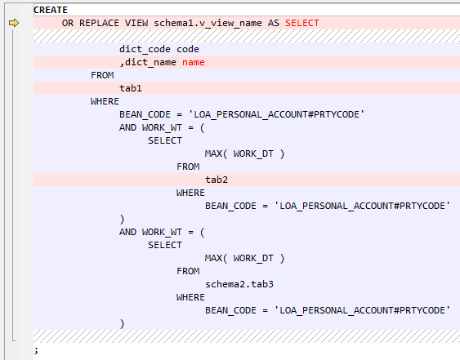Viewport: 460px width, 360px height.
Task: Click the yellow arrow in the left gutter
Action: click(14, 23)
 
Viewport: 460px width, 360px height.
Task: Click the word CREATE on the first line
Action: click(51, 10)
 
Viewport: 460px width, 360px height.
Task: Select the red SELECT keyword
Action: click(301, 23)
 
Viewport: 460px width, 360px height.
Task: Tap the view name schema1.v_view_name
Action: click(208, 23)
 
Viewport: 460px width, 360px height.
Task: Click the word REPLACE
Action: click(99, 23)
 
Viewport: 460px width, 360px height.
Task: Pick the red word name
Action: click(194, 62)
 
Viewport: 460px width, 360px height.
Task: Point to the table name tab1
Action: click(131, 88)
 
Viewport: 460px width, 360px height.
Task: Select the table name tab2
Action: click(217, 180)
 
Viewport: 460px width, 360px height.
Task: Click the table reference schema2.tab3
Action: click(239, 284)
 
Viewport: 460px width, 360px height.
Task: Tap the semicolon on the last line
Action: click(36, 350)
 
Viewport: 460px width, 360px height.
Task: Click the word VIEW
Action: click(136, 23)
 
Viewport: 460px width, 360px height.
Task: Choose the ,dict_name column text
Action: click(148, 62)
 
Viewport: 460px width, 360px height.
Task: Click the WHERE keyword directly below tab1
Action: click(105, 101)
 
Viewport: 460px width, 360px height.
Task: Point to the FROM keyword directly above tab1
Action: click(102, 75)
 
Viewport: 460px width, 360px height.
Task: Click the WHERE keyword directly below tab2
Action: click(190, 193)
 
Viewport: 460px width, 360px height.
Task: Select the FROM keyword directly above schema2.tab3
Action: click(188, 271)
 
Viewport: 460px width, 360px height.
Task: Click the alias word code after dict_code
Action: click(188, 49)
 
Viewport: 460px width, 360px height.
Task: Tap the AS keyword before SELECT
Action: click(274, 23)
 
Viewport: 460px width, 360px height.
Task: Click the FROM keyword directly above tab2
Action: click(188, 167)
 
